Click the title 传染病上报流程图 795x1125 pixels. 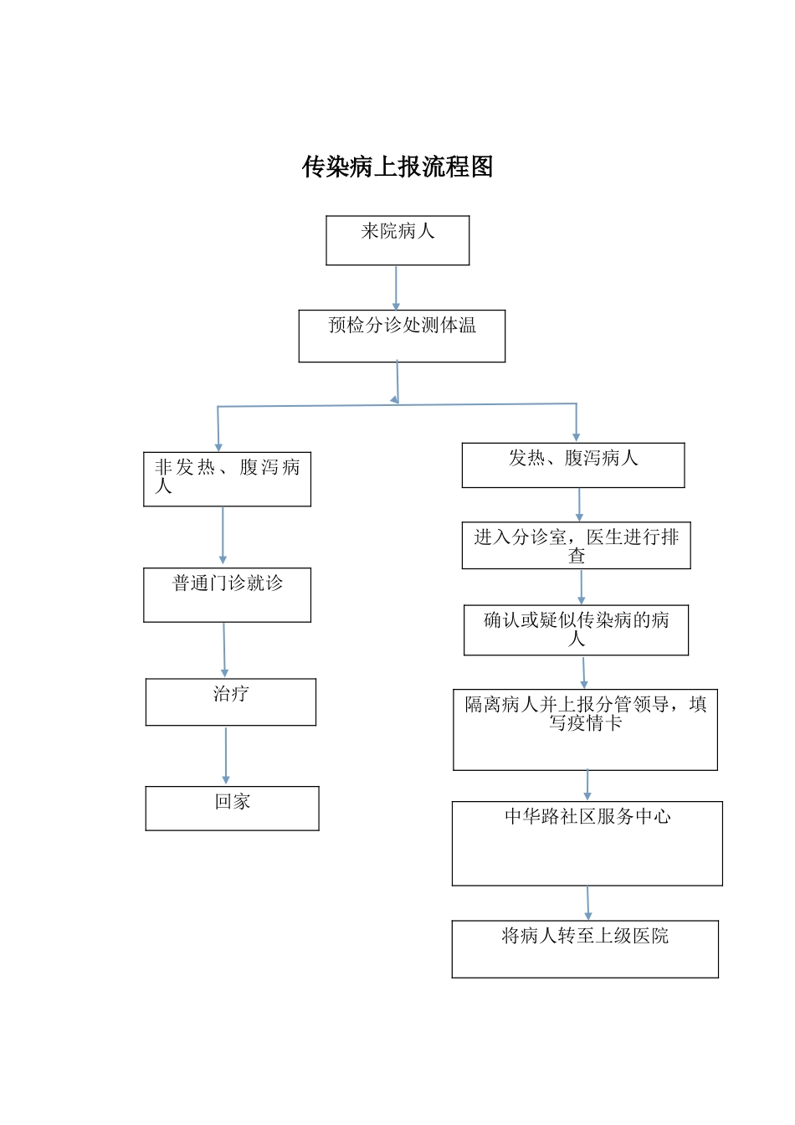click(397, 167)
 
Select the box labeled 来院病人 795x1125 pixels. click(397, 240)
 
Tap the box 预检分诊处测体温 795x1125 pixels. click(402, 336)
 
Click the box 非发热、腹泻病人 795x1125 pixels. click(227, 479)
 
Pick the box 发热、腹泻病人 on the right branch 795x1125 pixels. click(573, 465)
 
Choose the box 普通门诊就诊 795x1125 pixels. click(227, 594)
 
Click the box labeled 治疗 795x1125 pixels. click(231, 701)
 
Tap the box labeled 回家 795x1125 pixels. click(232, 808)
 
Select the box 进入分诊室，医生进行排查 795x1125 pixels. click(577, 546)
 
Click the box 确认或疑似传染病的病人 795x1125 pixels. click(577, 629)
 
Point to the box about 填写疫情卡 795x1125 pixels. click(585, 729)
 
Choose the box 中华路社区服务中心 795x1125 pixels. click(587, 843)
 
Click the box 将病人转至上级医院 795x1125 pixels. click(585, 948)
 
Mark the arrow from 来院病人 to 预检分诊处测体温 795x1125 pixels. click(397, 288)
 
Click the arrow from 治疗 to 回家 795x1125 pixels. click(226, 755)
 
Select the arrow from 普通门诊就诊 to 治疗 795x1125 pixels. click(224, 650)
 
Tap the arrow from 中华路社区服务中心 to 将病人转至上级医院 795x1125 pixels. click(588, 903)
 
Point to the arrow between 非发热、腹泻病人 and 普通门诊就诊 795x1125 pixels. click(223, 536)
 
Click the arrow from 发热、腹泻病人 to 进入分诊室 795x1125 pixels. click(579, 505)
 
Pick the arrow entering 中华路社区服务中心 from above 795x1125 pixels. click(587, 785)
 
